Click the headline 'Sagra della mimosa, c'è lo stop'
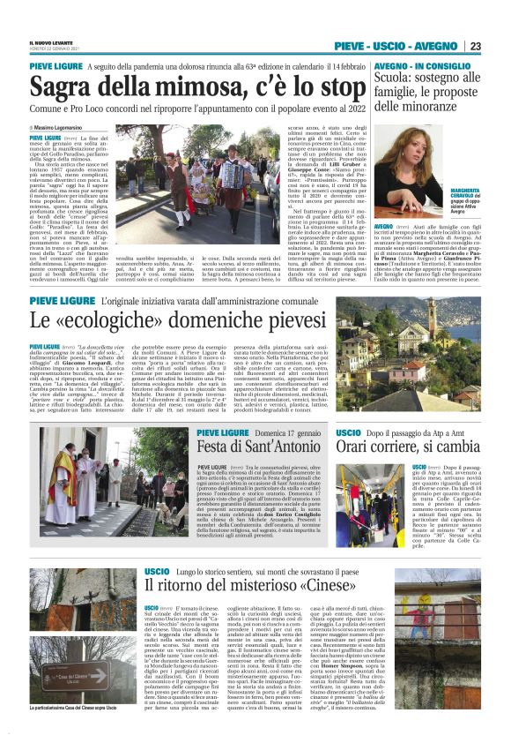184,88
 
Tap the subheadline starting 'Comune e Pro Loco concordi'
186,113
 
